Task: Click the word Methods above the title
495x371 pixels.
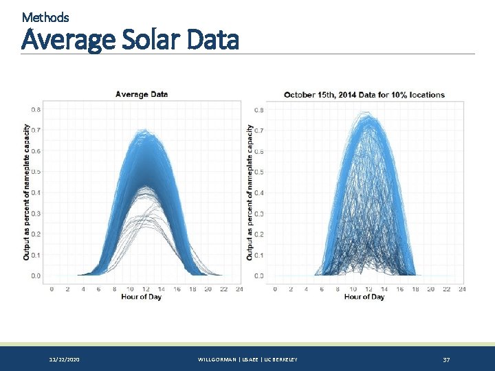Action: pos(45,16)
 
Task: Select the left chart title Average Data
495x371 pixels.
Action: pos(142,94)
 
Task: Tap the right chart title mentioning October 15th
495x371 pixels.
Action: pos(364,95)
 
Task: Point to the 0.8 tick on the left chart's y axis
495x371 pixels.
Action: pos(36,109)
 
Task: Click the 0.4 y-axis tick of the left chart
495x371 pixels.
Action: pos(36,192)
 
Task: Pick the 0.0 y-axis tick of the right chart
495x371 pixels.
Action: pos(259,276)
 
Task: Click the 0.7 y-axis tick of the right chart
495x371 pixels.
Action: pos(259,130)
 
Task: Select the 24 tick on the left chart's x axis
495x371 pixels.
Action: pos(239,289)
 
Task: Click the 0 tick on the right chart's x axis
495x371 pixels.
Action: pos(275,289)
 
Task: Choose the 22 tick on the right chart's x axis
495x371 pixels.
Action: pos(446,289)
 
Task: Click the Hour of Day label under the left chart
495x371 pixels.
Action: pos(141,297)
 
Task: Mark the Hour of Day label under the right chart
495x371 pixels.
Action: pos(364,297)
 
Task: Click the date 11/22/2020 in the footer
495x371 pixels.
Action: pos(64,360)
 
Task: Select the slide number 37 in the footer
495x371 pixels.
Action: pos(446,360)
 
